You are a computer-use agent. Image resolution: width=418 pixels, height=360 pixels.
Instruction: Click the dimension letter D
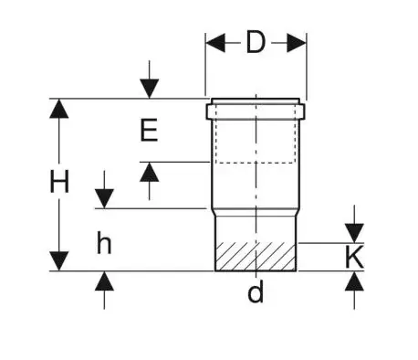(x=256, y=42)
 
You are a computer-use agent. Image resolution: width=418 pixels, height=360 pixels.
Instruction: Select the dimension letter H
(x=59, y=182)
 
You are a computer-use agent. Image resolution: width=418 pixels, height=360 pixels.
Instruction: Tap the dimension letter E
(x=149, y=130)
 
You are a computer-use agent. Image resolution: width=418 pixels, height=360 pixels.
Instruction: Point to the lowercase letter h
(x=104, y=242)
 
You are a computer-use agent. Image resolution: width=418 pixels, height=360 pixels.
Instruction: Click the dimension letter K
(x=354, y=257)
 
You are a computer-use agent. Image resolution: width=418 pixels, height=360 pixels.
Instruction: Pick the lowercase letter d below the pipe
(x=256, y=291)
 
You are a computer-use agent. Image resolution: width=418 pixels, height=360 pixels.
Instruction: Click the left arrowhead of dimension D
(x=215, y=43)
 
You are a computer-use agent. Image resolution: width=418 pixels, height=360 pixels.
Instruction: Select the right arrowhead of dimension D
(x=297, y=43)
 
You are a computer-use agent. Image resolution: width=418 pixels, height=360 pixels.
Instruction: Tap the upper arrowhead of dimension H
(x=59, y=109)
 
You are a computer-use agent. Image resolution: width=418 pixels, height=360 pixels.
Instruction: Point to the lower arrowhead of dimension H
(x=59, y=260)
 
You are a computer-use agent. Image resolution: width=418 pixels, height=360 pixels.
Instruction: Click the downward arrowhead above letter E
(x=149, y=89)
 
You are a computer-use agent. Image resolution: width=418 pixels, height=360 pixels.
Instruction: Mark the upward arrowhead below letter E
(x=149, y=172)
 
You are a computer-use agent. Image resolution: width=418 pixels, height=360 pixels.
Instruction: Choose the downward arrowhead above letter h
(x=104, y=198)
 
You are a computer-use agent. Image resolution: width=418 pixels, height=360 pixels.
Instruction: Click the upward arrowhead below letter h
(x=104, y=281)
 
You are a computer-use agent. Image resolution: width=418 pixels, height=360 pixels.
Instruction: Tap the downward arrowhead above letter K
(x=354, y=233)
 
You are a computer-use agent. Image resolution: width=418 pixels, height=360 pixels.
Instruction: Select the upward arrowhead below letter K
(x=354, y=281)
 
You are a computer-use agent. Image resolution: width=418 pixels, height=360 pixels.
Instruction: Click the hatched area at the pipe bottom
(x=256, y=257)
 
